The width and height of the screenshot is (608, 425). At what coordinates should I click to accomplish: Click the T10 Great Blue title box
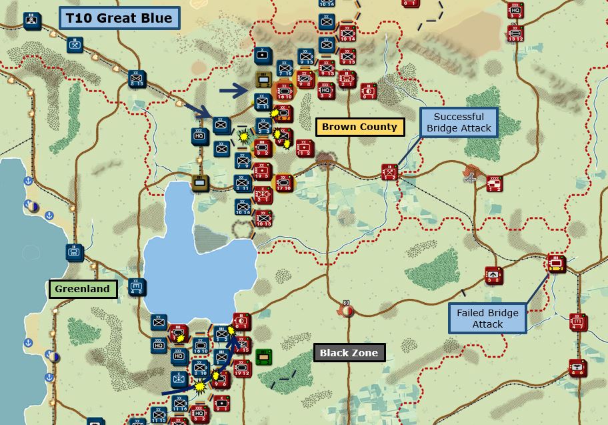(x=119, y=18)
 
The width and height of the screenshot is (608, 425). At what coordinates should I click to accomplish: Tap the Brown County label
(x=359, y=127)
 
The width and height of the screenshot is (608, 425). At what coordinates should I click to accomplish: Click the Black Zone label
(x=349, y=353)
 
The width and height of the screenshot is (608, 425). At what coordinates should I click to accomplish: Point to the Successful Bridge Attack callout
(x=459, y=122)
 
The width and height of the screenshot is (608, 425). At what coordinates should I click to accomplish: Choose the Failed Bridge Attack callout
(x=487, y=318)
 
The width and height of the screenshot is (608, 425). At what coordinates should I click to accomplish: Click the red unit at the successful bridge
(x=391, y=171)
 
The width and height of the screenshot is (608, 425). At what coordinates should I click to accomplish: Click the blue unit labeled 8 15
(x=138, y=79)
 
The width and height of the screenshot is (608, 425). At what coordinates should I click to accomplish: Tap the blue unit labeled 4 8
(x=137, y=288)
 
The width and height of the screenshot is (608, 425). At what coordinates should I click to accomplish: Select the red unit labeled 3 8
(x=493, y=275)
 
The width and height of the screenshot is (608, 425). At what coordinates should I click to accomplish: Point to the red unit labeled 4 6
(x=577, y=368)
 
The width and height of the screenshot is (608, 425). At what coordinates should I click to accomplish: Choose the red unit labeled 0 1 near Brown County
(x=368, y=91)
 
